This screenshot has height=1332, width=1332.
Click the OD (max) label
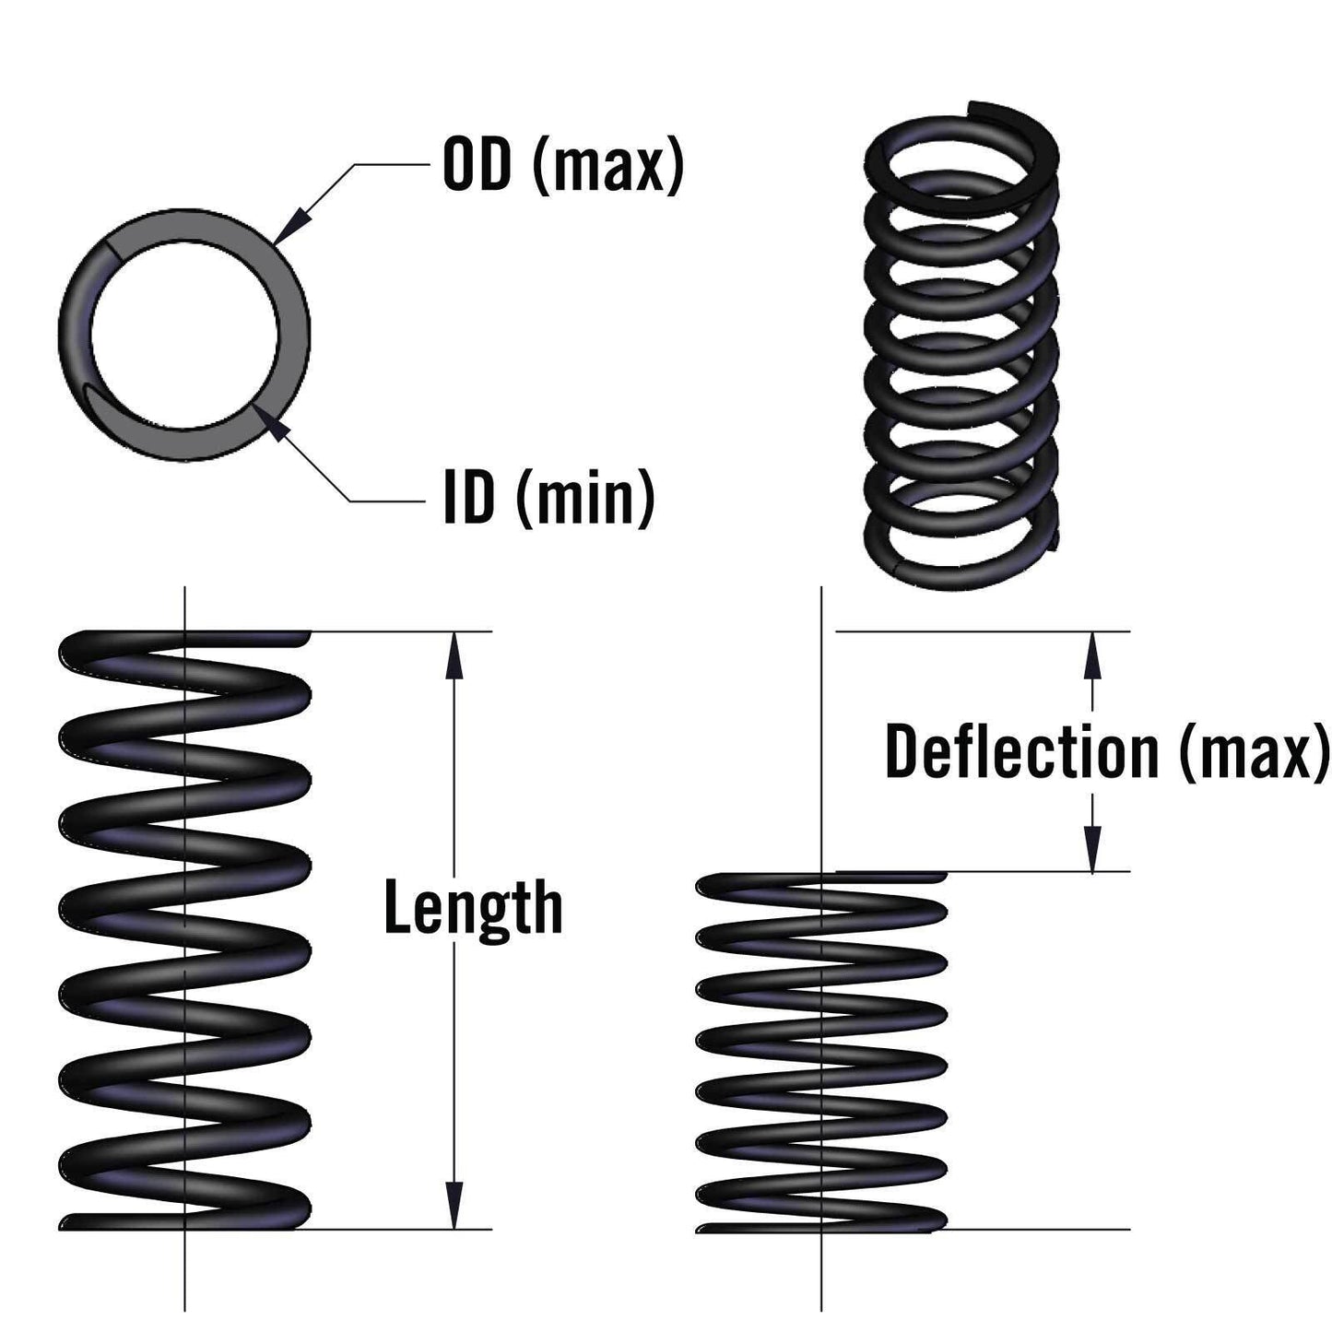click(563, 167)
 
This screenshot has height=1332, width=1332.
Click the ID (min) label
click(549, 498)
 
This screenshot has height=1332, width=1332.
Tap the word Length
click(472, 908)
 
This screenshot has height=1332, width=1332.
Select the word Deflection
click(1020, 752)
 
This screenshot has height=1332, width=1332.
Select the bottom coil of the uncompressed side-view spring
click(184, 1219)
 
